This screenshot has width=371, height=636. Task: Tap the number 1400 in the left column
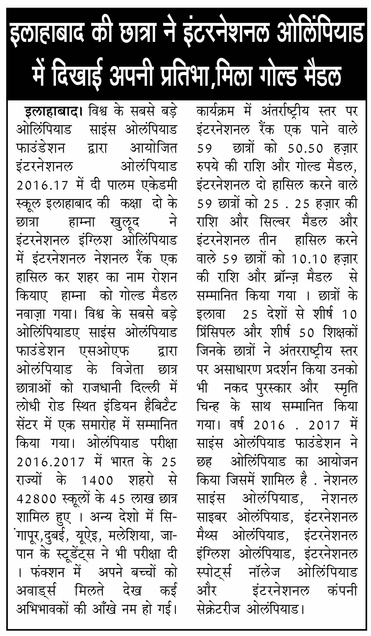point(97,480)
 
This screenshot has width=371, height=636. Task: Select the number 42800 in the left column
point(37,499)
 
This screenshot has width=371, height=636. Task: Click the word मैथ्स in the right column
point(207,536)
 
